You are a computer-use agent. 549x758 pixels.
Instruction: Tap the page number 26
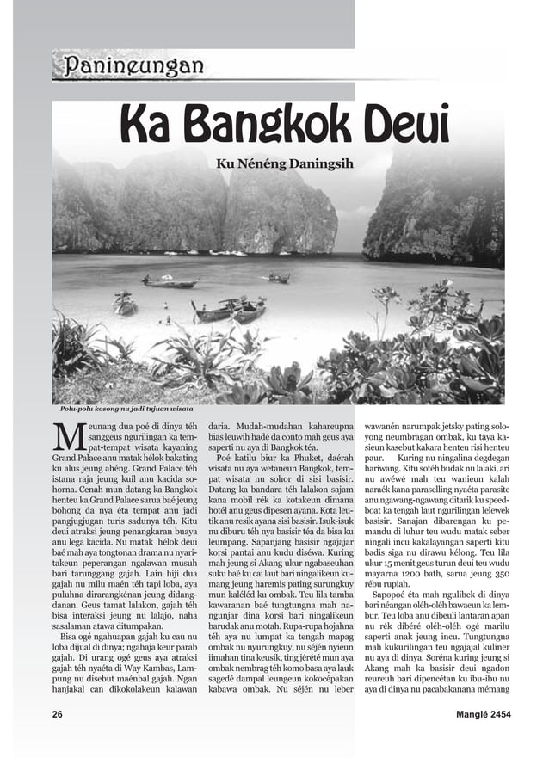coord(58,714)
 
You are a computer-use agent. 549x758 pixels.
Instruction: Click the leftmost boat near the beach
coord(126,304)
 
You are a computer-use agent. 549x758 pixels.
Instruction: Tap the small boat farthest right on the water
coord(278,278)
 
